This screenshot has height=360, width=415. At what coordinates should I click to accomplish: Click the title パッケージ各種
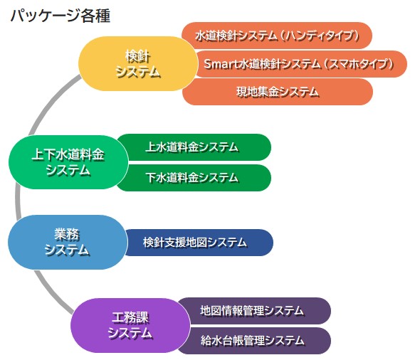pyautogui.click(x=61, y=16)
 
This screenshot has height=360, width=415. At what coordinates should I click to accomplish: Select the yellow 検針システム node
pyautogui.click(x=138, y=64)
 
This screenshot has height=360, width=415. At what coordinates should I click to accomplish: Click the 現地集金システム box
pyautogui.click(x=278, y=92)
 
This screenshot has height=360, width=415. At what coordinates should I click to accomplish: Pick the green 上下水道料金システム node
pyautogui.click(x=68, y=162)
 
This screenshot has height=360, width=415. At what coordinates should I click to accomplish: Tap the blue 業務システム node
pyautogui.click(x=67, y=243)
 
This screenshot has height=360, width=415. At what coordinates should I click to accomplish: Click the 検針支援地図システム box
pyautogui.click(x=199, y=243)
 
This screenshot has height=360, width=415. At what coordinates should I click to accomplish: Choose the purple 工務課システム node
pyautogui.click(x=130, y=325)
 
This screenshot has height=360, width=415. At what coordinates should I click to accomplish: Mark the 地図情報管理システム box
pyautogui.click(x=255, y=311)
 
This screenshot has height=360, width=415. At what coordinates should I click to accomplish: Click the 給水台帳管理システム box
pyautogui.click(x=255, y=341)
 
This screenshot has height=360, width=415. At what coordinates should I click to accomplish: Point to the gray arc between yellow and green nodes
pyautogui.click(x=51, y=103)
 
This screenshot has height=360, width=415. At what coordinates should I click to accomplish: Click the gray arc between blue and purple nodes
pyautogui.click(x=52, y=293)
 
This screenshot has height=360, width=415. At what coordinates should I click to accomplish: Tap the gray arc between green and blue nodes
pyautogui.click(x=18, y=202)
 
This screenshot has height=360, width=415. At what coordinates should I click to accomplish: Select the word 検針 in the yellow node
pyautogui.click(x=138, y=56)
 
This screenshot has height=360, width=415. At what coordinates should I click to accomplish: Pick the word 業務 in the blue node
pyautogui.click(x=67, y=234)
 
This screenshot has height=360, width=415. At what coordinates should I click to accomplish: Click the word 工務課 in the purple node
pyautogui.click(x=130, y=318)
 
